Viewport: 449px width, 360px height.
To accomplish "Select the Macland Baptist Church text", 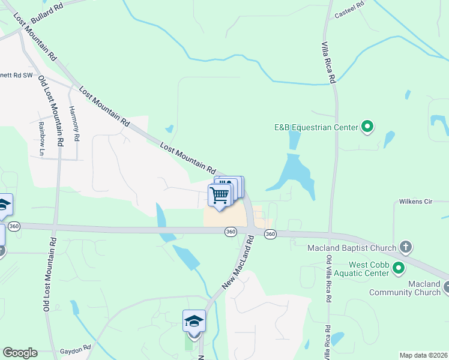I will coord(352,248).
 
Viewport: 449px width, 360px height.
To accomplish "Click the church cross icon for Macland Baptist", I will coord(406,248).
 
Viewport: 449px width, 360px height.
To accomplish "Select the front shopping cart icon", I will coord(220,195).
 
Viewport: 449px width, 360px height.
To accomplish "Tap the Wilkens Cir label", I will coord(416,202).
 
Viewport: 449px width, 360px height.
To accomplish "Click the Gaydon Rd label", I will coord(75,347).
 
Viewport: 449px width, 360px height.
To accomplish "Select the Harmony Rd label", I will coord(74,124).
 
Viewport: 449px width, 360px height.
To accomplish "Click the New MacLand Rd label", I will coord(238,262).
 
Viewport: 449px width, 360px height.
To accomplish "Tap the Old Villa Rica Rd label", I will coord(328,282).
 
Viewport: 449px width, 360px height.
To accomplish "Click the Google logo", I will coord(20,353).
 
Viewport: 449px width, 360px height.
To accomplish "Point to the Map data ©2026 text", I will coord(423,355).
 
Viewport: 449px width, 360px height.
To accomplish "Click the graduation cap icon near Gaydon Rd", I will coord(194,320).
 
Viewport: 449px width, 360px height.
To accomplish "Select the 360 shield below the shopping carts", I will coord(231,232).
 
